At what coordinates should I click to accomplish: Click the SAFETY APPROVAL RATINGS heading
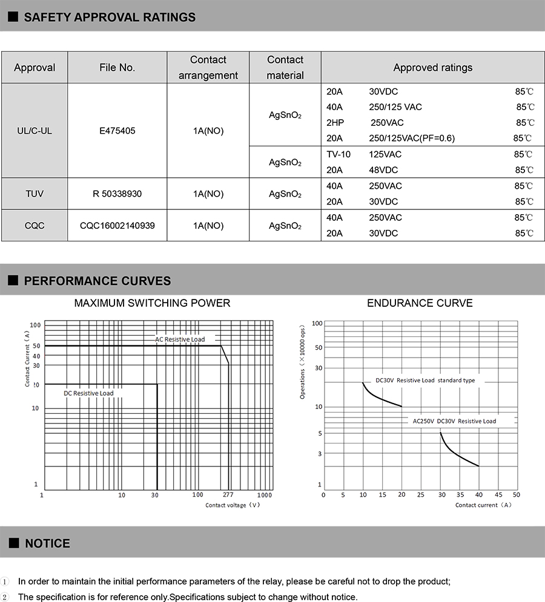[110, 17]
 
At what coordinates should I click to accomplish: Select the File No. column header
[117, 68]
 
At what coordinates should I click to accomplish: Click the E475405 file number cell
[117, 130]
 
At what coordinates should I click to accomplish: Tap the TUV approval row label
[35, 194]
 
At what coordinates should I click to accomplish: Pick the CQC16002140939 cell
[117, 226]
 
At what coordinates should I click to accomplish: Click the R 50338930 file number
[117, 194]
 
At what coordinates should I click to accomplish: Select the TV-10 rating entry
[339, 154]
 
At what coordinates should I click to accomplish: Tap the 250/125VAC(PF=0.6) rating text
[412, 139]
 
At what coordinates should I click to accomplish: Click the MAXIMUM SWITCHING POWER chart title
[152, 303]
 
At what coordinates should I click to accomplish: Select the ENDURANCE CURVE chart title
[420, 303]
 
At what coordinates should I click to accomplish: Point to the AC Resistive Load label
[180, 339]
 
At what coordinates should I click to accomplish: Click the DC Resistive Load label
[88, 393]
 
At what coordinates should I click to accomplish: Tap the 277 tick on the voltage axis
[228, 495]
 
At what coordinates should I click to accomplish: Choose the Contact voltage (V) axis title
[233, 505]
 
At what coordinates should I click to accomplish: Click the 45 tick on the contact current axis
[499, 495]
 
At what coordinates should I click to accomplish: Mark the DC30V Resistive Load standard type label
[425, 381]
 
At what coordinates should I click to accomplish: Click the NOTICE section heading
[47, 543]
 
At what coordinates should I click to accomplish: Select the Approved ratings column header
[432, 68]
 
